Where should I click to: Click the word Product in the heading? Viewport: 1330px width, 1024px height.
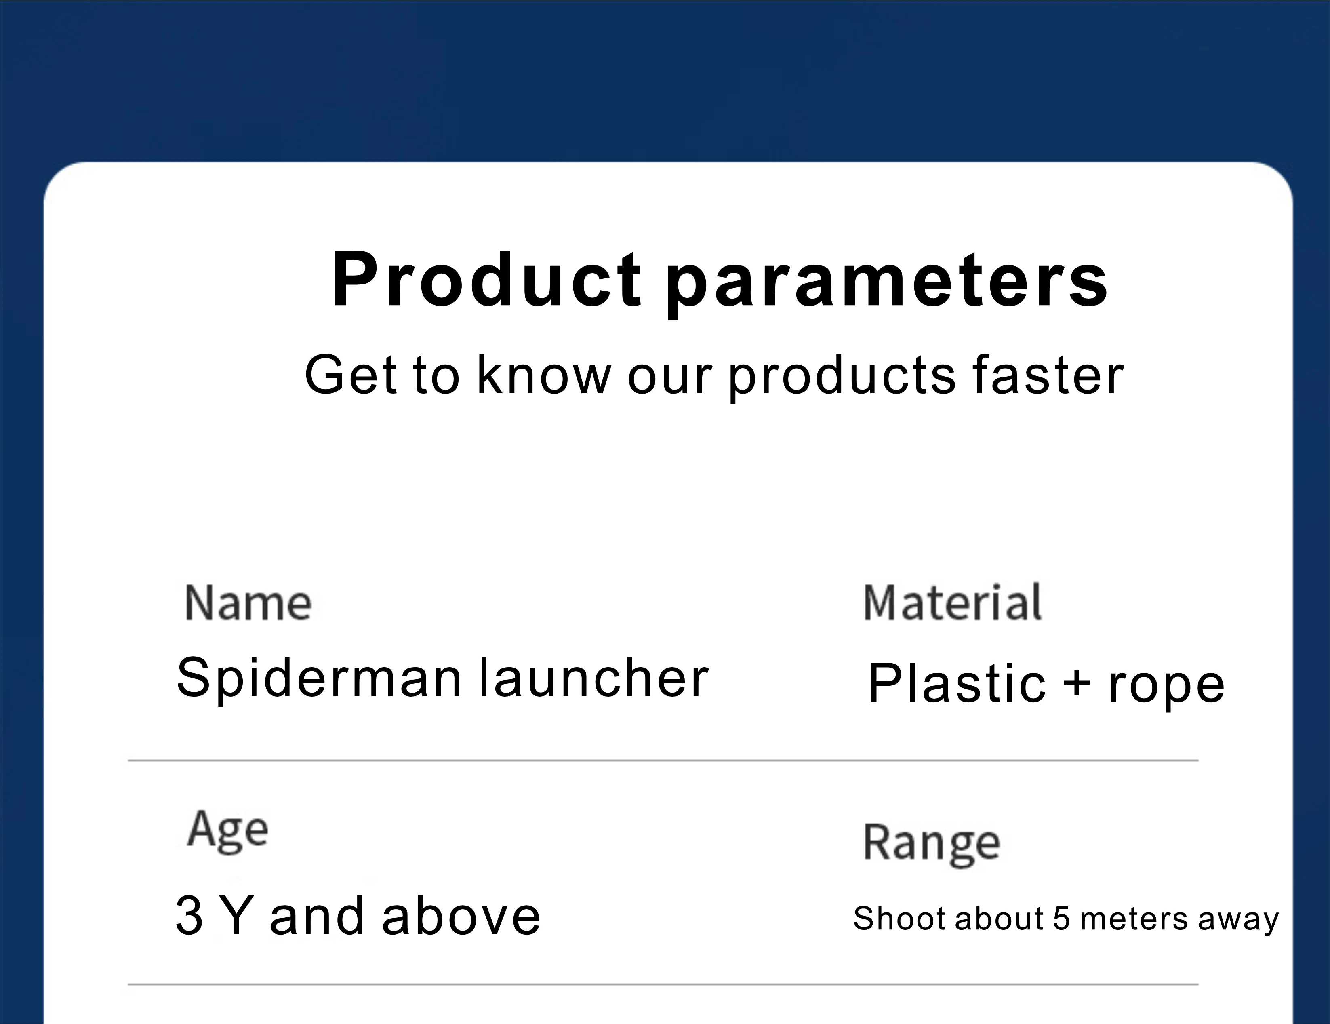point(486,280)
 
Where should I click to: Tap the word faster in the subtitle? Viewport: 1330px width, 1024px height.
point(1048,375)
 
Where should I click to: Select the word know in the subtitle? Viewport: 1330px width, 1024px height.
point(544,374)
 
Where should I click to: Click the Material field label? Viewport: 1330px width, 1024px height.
point(953,603)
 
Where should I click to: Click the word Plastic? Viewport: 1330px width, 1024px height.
point(957,683)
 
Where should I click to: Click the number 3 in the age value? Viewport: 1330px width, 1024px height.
point(189,916)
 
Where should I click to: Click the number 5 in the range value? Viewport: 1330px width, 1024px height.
point(1061,919)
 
